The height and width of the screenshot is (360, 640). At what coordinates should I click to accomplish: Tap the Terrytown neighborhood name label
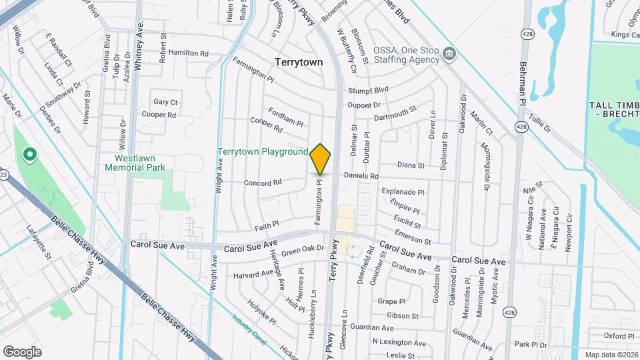pos(299,62)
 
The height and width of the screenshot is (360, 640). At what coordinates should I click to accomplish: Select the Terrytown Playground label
pos(263,152)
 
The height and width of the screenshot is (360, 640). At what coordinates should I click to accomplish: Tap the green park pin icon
pos(29,155)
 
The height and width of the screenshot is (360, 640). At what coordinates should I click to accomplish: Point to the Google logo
pos(22,351)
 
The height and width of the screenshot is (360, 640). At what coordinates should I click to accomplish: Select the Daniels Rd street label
pos(361,176)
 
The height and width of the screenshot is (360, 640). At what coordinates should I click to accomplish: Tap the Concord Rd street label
pos(263,182)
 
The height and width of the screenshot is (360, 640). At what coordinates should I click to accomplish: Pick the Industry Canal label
pos(249,329)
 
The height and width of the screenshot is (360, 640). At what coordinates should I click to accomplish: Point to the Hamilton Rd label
pos(189,53)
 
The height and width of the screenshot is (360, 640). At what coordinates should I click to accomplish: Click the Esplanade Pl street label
pos(403,192)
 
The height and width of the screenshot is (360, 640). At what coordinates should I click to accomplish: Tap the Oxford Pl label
pos(619,336)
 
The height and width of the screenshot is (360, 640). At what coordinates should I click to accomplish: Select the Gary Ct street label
pos(165,102)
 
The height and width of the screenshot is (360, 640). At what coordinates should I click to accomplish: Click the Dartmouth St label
pos(395,113)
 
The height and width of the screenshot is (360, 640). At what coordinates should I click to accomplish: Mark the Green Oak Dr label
pos(302,251)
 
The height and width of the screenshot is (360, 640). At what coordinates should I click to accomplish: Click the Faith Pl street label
pos(265,225)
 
